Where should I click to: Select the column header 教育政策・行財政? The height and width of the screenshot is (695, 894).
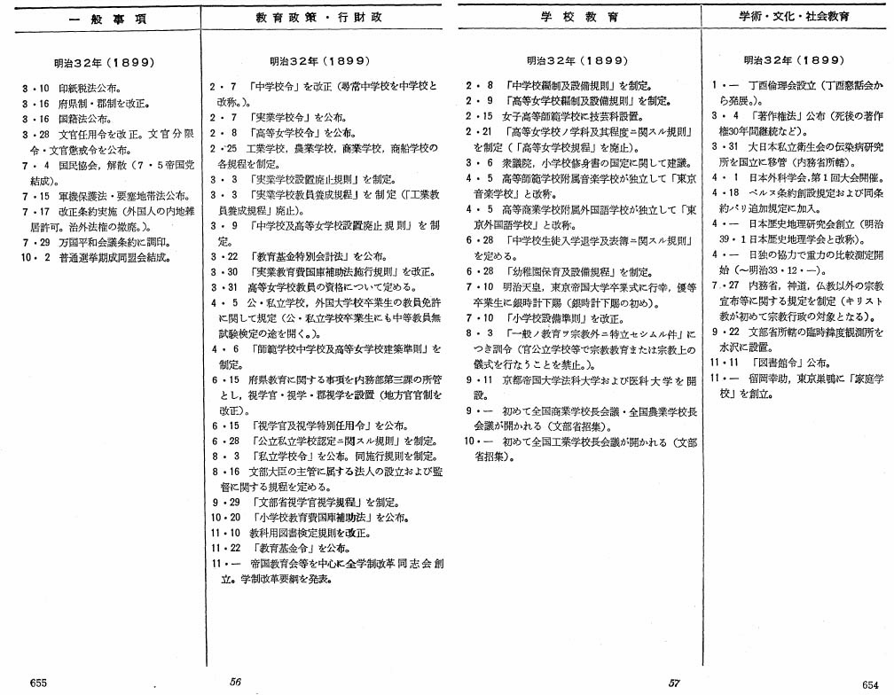(328, 16)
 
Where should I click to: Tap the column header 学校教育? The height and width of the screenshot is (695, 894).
(580, 16)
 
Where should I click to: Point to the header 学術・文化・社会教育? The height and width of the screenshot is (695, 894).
(795, 16)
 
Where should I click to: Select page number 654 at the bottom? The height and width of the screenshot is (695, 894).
(869, 683)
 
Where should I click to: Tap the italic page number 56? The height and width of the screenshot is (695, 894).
(236, 681)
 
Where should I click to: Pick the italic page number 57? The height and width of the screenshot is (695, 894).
(674, 682)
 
